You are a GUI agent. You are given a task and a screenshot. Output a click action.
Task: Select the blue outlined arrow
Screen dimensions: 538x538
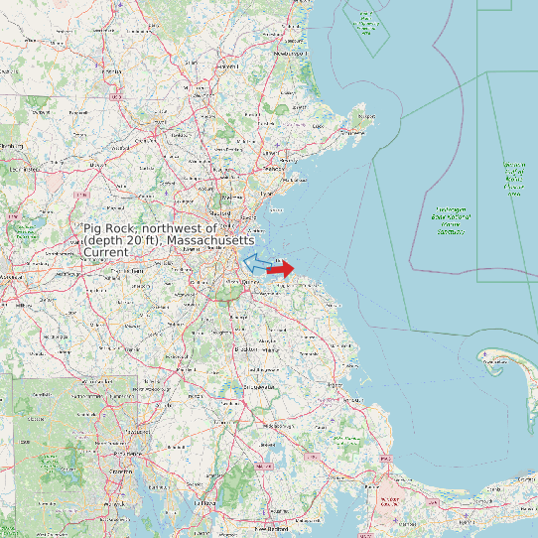tap(256, 262)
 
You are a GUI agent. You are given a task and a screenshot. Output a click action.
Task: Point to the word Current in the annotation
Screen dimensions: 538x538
tap(106, 253)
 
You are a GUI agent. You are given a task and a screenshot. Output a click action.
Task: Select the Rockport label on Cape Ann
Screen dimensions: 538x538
tap(366, 116)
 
